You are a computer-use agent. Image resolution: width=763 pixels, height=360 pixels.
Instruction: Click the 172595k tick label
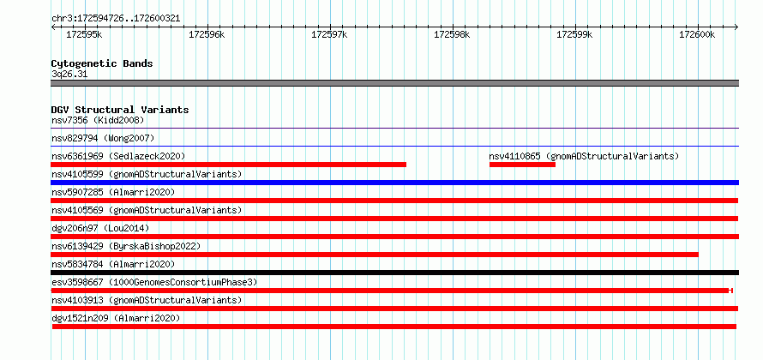[x=84, y=34]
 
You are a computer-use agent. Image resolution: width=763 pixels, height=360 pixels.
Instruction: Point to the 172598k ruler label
[x=452, y=34]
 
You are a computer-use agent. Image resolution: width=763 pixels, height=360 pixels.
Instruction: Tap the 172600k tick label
[x=697, y=34]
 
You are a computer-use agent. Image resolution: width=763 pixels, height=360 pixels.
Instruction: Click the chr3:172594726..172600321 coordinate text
[x=116, y=19]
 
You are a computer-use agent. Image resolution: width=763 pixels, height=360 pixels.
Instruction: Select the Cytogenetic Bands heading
[x=102, y=63]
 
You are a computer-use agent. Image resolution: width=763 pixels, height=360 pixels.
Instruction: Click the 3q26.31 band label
[x=69, y=75]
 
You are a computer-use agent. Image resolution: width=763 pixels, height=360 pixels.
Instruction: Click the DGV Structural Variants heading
[x=120, y=110]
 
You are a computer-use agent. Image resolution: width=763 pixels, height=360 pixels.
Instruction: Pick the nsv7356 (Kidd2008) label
[x=98, y=120]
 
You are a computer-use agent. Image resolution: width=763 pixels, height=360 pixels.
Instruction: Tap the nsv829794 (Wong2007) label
[x=103, y=138]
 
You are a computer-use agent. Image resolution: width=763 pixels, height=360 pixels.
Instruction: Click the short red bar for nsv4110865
[x=522, y=165]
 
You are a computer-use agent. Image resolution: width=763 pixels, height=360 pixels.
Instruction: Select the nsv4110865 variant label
[x=584, y=156]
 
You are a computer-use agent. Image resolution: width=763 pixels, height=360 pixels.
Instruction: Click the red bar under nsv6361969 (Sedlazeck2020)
[x=229, y=165]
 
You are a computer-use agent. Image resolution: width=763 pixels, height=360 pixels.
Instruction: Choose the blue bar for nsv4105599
[x=394, y=183]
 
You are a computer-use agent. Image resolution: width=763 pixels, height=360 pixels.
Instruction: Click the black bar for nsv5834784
[x=394, y=273]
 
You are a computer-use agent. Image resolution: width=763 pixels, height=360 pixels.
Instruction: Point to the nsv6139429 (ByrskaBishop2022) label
[x=126, y=246]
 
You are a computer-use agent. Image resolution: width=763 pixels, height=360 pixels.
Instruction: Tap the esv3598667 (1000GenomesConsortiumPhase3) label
[x=154, y=282]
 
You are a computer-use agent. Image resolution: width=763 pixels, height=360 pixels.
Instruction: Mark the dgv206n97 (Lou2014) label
[x=100, y=228]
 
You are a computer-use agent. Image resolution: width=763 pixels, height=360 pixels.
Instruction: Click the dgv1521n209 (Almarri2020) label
[x=116, y=318]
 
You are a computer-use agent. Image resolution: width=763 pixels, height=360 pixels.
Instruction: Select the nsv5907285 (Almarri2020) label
[x=113, y=192]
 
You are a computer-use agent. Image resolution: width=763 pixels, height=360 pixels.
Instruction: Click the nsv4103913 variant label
[x=147, y=300]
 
